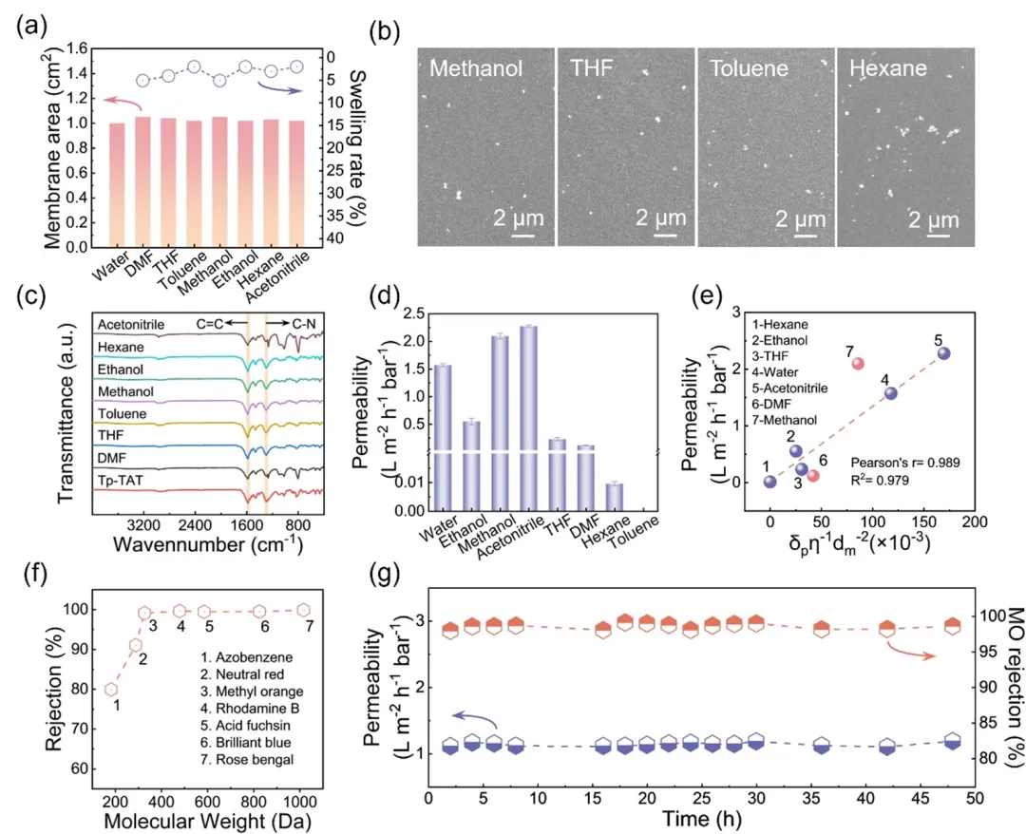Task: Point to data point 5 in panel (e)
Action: [x=943, y=352]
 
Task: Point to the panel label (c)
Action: [x=28, y=294]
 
